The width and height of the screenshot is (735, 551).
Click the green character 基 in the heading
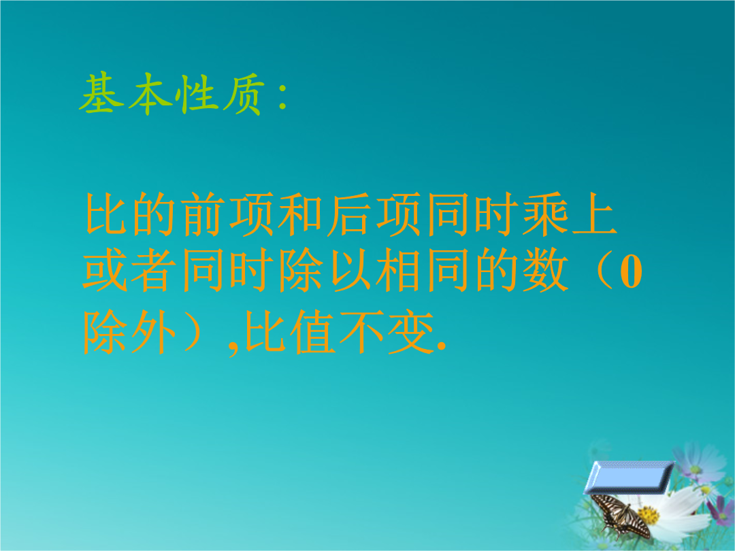point(102,93)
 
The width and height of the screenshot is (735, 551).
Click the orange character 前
point(203,214)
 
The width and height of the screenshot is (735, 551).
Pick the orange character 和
point(300,214)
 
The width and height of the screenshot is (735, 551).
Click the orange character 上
point(594,214)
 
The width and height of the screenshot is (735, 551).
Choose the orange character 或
point(105,270)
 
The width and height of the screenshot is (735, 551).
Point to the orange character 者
point(154,270)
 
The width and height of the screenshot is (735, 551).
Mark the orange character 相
point(398,270)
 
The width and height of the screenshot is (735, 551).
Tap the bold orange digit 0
point(631,272)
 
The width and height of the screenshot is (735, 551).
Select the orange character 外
point(154,332)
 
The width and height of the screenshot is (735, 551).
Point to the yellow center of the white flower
point(649,516)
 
